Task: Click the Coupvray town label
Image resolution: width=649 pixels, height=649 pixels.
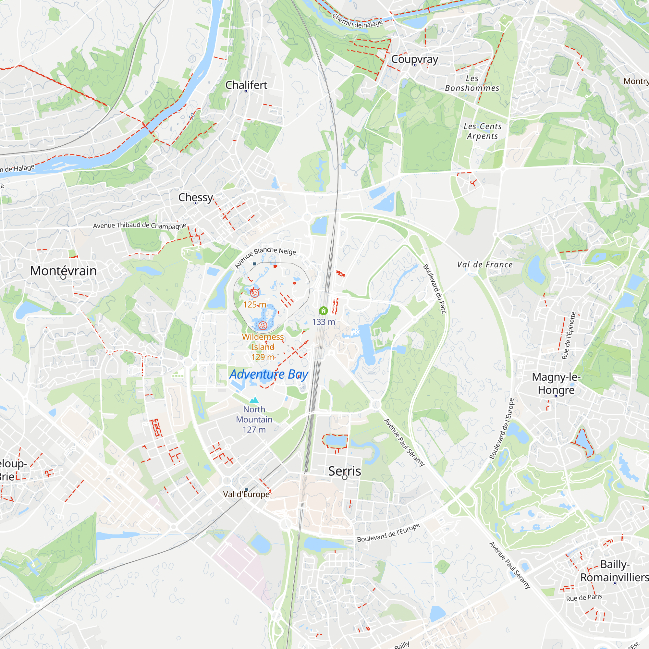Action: pyautogui.click(x=414, y=59)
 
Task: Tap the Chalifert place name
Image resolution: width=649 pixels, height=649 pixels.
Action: pyautogui.click(x=246, y=85)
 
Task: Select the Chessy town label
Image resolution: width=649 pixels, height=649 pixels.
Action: pyautogui.click(x=195, y=197)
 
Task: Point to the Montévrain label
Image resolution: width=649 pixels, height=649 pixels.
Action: pyautogui.click(x=64, y=271)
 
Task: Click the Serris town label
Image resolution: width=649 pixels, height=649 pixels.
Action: pyautogui.click(x=345, y=471)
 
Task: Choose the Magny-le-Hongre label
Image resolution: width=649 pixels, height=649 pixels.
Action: pyautogui.click(x=556, y=383)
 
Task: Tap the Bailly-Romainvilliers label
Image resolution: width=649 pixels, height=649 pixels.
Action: pyautogui.click(x=615, y=571)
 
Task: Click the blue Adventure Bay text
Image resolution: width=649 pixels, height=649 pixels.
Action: pyautogui.click(x=269, y=374)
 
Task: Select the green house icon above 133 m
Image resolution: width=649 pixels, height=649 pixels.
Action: pyautogui.click(x=323, y=311)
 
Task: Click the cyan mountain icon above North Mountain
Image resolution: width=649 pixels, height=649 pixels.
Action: pyautogui.click(x=254, y=400)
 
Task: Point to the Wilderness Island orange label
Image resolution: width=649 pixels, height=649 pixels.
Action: pyautogui.click(x=263, y=342)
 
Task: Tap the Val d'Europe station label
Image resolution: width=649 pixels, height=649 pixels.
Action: pyautogui.click(x=246, y=494)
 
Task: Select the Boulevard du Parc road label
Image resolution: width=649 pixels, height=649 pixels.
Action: pyautogui.click(x=435, y=289)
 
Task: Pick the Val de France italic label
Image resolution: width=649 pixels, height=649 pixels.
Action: pyautogui.click(x=485, y=265)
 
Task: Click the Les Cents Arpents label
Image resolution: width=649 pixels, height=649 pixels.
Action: pyautogui.click(x=483, y=131)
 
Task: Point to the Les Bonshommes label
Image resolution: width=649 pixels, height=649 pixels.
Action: pyautogui.click(x=472, y=83)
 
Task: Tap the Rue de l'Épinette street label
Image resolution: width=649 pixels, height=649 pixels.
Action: pyautogui.click(x=569, y=336)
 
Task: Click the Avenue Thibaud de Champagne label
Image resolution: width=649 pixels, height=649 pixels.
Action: pyautogui.click(x=140, y=226)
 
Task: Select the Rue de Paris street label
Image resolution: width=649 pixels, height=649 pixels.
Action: pyautogui.click(x=584, y=597)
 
